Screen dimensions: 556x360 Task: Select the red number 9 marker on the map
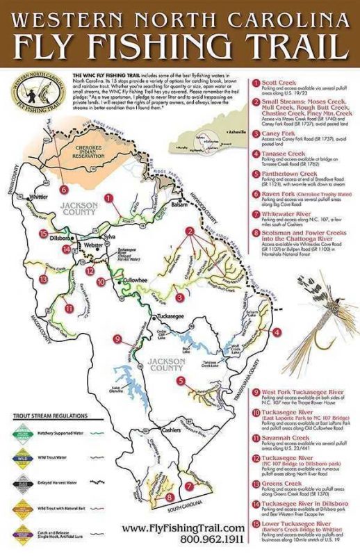click(x=117, y=338)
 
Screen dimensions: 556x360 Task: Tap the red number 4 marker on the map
click(x=277, y=332)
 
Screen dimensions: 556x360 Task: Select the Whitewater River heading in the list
click(x=293, y=215)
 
